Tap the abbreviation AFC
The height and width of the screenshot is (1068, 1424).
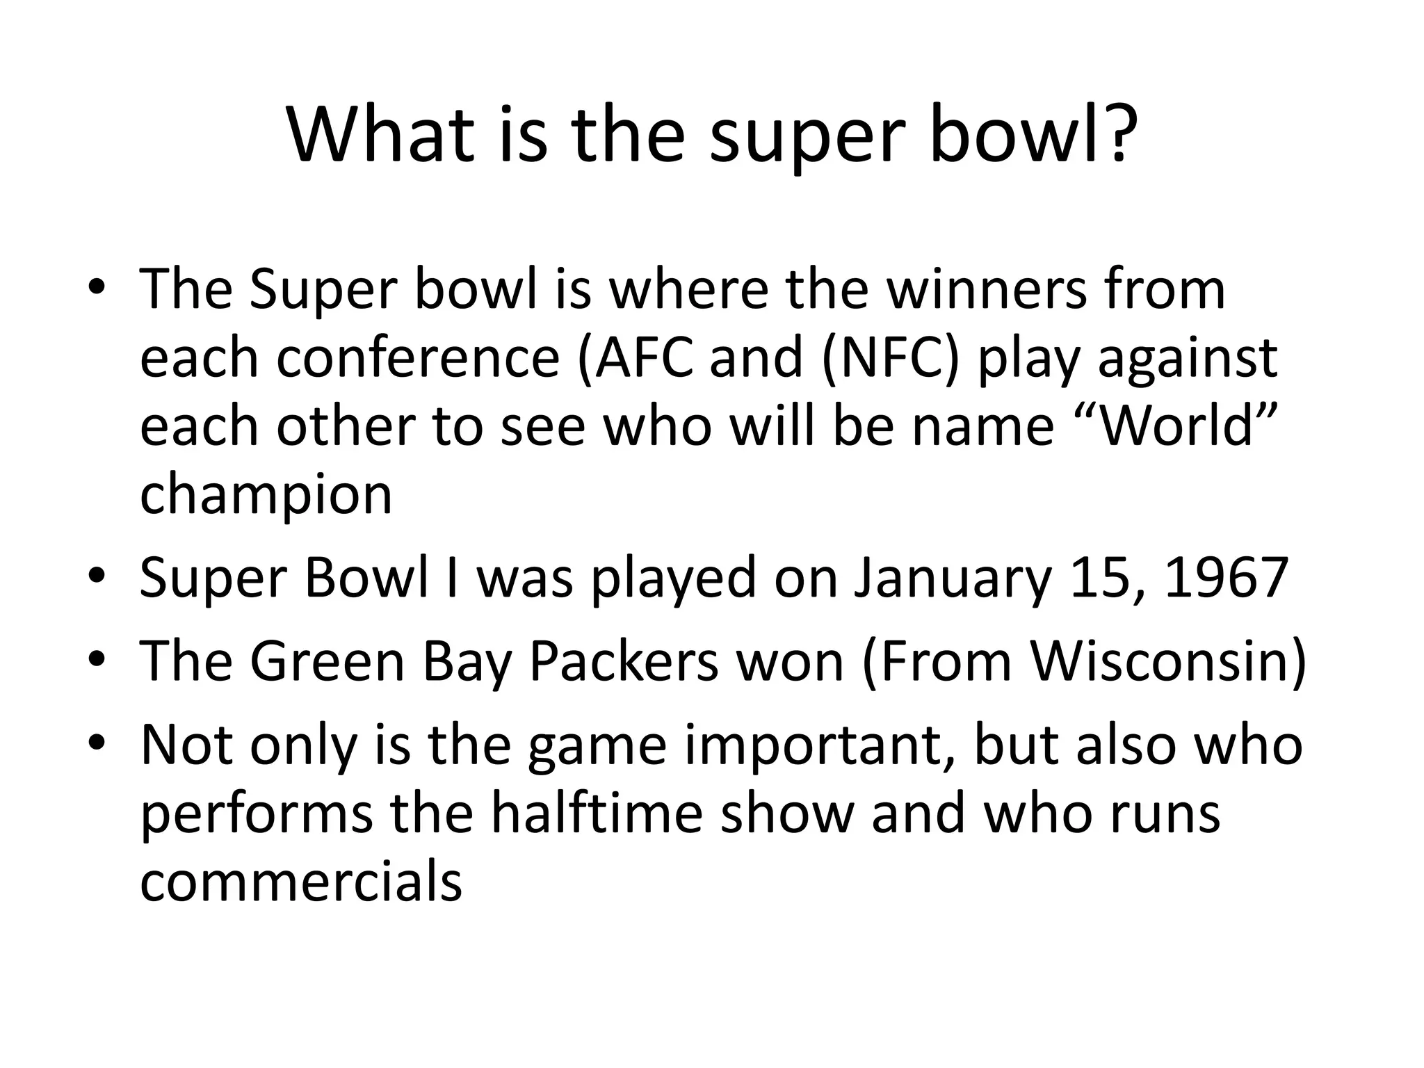pyautogui.click(x=639, y=358)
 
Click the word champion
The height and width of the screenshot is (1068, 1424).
pyautogui.click(x=266, y=495)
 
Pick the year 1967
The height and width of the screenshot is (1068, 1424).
pyautogui.click(x=1227, y=577)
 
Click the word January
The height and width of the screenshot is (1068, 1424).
pyautogui.click(x=952, y=578)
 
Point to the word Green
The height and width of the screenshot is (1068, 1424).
pyautogui.click(x=327, y=661)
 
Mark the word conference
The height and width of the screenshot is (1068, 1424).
pyautogui.click(x=418, y=358)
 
